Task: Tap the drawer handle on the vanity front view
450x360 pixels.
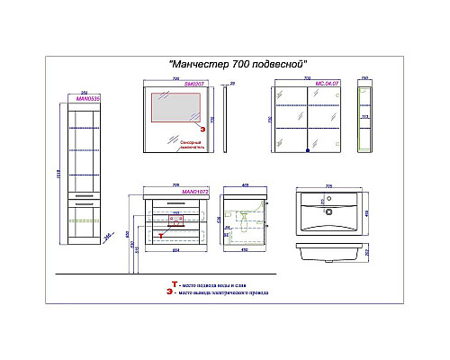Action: tap(168, 209)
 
